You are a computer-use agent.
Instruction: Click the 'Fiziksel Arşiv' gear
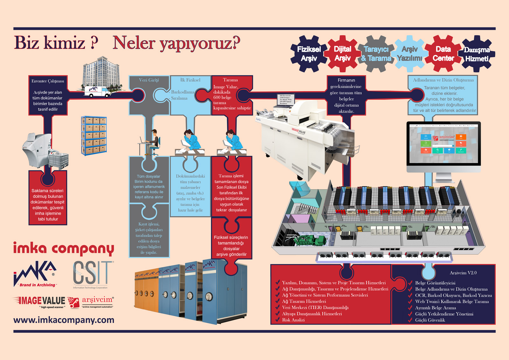309,54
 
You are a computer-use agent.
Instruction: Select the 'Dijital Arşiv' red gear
342,54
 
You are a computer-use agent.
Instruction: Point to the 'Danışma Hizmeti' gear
477,54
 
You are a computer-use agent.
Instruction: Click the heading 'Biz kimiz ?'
56,43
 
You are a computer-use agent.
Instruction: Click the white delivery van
97,91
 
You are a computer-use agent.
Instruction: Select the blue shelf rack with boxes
94,136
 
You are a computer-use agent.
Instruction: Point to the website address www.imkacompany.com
64,320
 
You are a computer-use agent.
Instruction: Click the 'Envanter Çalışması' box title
48,81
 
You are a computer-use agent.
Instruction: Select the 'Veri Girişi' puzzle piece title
149,80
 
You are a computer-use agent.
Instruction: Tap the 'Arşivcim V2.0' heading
463,273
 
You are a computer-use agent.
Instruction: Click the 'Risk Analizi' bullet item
293,320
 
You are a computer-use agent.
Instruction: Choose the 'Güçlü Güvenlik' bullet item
430,320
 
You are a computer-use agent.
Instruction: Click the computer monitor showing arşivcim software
443,143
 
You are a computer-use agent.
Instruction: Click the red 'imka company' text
64,248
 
